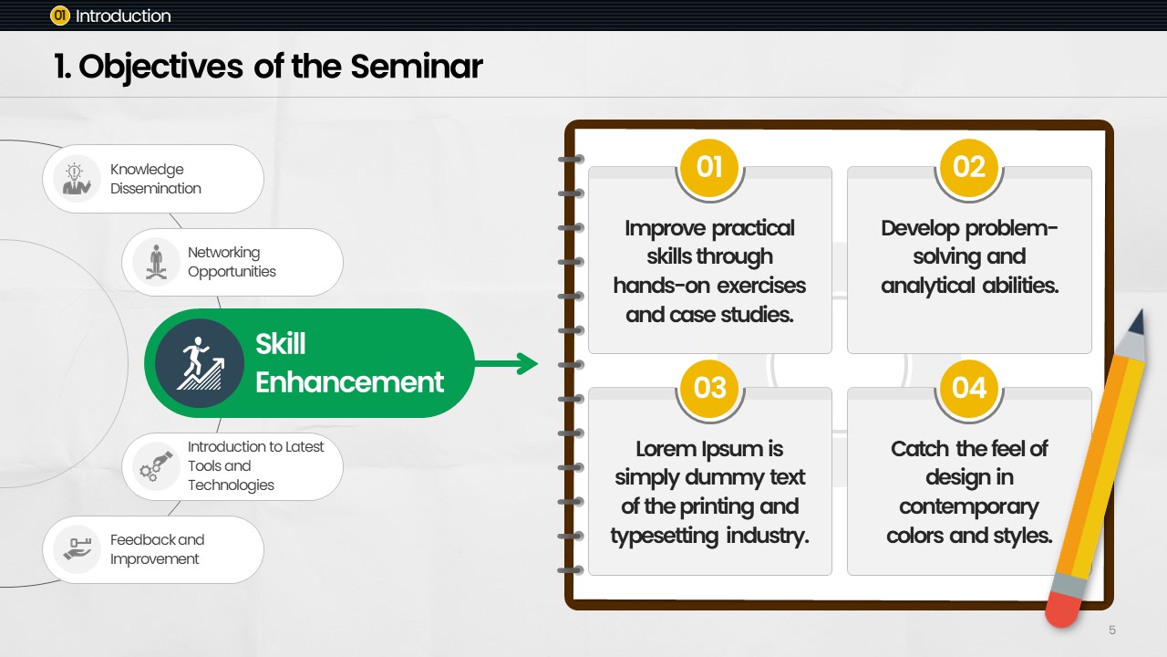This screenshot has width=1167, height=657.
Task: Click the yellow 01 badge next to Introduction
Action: point(60,16)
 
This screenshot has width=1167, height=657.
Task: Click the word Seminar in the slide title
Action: point(417,67)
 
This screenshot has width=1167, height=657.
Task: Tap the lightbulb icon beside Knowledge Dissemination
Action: point(77,178)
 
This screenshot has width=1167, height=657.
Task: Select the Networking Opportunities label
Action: point(232,262)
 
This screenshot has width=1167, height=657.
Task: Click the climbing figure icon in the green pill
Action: point(200,363)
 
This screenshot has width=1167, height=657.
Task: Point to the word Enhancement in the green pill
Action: point(349,382)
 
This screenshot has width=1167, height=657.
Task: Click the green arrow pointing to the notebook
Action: point(506,363)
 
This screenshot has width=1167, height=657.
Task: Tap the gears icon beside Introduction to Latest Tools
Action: point(155,466)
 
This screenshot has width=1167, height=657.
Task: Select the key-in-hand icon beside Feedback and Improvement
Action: point(77,549)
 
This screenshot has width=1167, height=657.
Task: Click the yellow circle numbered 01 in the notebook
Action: point(709,167)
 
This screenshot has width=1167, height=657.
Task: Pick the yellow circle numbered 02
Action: point(969,167)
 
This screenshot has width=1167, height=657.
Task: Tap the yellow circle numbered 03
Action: point(709,389)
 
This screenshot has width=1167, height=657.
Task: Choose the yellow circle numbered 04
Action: point(969,389)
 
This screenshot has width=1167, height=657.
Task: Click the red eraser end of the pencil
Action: point(1064,609)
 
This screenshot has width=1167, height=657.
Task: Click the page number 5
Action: point(1112,631)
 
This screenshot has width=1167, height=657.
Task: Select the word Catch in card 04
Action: point(920,449)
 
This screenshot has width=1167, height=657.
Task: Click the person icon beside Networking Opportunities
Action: point(156,262)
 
